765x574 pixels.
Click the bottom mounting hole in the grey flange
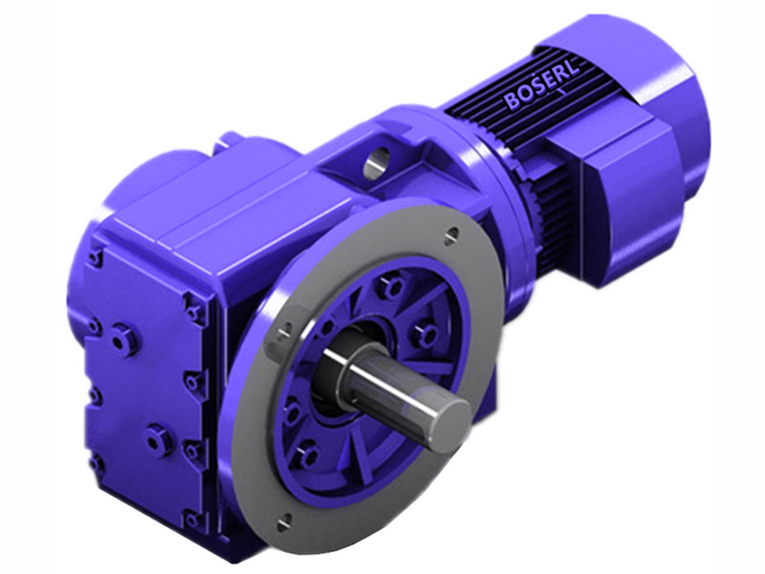pyautogui.click(x=286, y=521)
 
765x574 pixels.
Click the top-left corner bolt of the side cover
pyautogui.click(x=95, y=257)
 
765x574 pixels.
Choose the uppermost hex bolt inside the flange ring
pyautogui.click(x=389, y=284)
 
